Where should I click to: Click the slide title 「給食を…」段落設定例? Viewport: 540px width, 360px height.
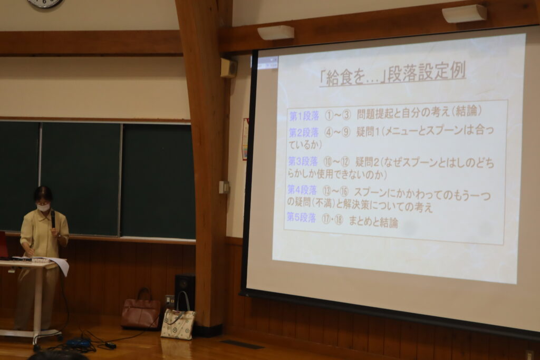[x=392, y=74]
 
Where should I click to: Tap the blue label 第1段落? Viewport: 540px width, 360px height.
[x=304, y=116]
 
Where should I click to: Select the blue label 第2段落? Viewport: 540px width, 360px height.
[x=303, y=132]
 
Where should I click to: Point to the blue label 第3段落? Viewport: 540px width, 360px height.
[x=303, y=161]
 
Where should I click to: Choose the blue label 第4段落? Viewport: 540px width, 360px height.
[x=302, y=190]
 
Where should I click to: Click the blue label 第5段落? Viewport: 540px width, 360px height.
[x=301, y=218]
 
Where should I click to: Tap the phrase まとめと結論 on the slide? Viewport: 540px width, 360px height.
[x=373, y=222]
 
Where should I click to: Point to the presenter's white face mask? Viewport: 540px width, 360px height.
[x=43, y=207]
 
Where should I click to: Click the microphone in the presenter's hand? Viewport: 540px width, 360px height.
[x=53, y=219]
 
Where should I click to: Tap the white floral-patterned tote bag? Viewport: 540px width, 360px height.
[x=178, y=321]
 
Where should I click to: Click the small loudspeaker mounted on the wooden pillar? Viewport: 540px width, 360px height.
[x=228, y=68]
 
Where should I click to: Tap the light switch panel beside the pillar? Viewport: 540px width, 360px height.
[x=224, y=187]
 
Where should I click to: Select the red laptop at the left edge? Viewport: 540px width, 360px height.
[x=4, y=245]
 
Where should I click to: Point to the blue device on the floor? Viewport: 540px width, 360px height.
[x=79, y=343]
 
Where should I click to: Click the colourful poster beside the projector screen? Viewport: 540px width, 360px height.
[x=245, y=139]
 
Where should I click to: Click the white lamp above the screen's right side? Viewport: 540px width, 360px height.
[x=464, y=14]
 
